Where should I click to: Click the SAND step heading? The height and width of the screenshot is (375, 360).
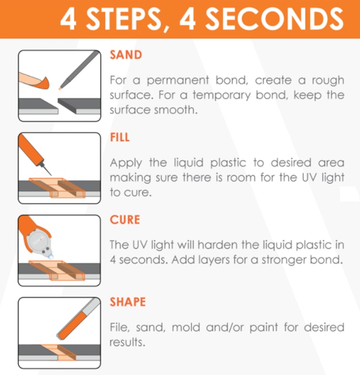tap(126, 55)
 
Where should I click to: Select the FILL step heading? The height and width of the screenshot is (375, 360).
tap(120, 137)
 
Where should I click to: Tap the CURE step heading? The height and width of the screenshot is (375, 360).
tap(125, 220)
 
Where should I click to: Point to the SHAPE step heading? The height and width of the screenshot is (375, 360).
tap(128, 302)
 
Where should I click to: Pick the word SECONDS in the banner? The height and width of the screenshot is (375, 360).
tap(275, 19)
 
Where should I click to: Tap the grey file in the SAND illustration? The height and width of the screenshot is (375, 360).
tap(79, 70)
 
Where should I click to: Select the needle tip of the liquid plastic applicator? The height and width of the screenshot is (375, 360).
tap(51, 175)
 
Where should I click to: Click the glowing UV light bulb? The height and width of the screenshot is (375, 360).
tap(51, 256)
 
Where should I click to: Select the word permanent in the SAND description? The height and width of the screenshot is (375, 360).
tap(177, 81)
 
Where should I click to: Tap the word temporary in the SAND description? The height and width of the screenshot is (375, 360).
tap(222, 95)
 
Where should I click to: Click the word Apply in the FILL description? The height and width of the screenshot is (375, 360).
tap(126, 163)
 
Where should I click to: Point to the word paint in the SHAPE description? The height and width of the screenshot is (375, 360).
tap(264, 328)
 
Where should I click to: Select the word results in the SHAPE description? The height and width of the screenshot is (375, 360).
tap(127, 343)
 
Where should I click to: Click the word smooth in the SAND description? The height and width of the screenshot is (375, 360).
tap(176, 110)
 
